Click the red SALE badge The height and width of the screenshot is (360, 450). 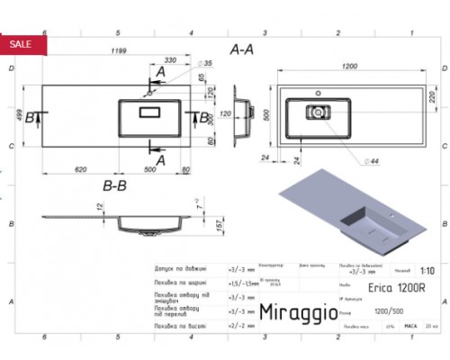pos(20,43)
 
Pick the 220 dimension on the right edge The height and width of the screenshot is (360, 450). pos(431,96)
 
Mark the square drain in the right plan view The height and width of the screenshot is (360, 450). pos(316,112)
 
